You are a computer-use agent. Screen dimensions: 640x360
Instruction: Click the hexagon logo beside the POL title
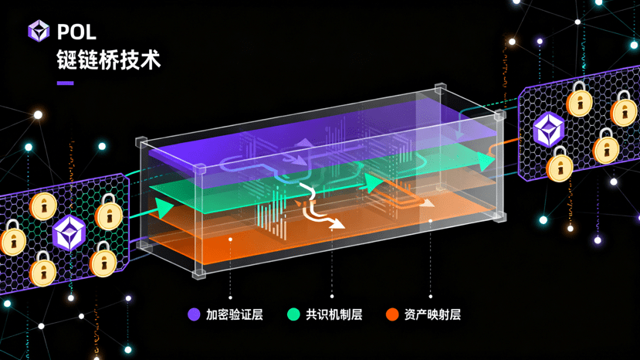pyautogui.click(x=39, y=30)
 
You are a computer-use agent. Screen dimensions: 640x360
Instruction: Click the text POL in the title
pyautogui.click(x=76, y=31)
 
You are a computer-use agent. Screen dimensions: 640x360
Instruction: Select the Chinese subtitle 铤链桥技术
pyautogui.click(x=108, y=60)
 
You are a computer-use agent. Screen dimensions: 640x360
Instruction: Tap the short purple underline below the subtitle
pyautogui.click(x=65, y=83)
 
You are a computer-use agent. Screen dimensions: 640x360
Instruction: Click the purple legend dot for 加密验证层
pyautogui.click(x=194, y=314)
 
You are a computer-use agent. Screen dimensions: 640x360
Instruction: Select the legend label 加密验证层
pyautogui.click(x=235, y=314)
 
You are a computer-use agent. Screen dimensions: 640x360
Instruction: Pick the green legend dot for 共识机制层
pyautogui.click(x=293, y=314)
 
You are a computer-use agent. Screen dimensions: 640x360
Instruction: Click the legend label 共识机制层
pyautogui.click(x=334, y=314)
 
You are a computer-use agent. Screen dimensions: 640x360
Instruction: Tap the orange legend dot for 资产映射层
pyautogui.click(x=392, y=314)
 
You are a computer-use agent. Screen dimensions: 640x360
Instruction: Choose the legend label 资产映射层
pyautogui.click(x=432, y=314)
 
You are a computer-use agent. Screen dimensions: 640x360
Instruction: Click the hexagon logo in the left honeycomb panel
pyautogui.click(x=69, y=233)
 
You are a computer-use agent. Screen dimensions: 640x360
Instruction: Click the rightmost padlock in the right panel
pyautogui.click(x=624, y=108)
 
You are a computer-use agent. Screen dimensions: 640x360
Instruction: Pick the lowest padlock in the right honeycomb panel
pyautogui.click(x=560, y=165)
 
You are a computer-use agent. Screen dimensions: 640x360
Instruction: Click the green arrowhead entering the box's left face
pyautogui.click(x=164, y=208)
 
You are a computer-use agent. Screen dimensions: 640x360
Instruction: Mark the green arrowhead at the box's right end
pyautogui.click(x=484, y=161)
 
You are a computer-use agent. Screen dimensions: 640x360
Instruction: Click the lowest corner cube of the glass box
pyautogui.click(x=201, y=273)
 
